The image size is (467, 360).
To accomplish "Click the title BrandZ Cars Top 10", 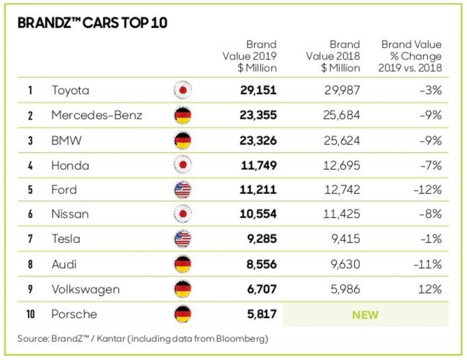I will tap(92, 23).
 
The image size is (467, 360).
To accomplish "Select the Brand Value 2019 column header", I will tap(250, 56).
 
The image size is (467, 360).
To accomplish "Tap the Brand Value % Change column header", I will tap(411, 56).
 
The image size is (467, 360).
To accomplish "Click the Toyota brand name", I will tap(70, 90).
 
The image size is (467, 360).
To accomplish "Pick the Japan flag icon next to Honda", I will tap(183, 165).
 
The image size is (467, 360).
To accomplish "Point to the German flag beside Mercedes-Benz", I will tap(183, 115).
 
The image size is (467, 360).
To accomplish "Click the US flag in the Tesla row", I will tap(183, 239).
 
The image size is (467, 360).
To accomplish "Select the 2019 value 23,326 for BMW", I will tap(258, 140).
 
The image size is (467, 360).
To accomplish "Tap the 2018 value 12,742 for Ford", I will tap(342, 190).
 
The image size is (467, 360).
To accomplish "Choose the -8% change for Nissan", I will tap(431, 214).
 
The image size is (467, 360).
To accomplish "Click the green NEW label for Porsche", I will tap(365, 315).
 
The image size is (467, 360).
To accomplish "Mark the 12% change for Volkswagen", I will tap(431, 289).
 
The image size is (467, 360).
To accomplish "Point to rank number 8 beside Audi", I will tap(30, 265).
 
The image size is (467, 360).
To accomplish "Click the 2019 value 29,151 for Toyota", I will tap(258, 90).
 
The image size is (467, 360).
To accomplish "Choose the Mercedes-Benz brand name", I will tap(97, 115).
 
